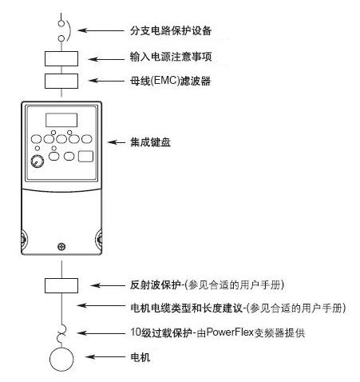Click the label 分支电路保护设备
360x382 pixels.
tap(171, 30)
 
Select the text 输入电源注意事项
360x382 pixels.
tap(171, 57)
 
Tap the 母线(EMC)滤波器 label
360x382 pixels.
tap(170, 81)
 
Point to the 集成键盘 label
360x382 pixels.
tap(150, 142)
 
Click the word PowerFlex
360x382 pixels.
tap(230, 332)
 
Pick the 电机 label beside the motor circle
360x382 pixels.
tap(140, 357)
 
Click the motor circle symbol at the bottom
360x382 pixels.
tap(61, 359)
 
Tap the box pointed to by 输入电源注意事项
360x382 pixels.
tap(61, 58)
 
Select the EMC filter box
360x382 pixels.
tap(61, 81)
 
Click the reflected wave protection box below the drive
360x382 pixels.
tap(61, 285)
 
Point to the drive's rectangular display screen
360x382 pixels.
tap(61, 120)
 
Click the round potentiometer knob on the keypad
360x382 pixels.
tap(38, 161)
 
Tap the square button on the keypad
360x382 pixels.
tap(85, 157)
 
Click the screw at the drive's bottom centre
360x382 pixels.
tap(61, 246)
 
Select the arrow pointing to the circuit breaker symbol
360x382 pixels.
tap(101, 30)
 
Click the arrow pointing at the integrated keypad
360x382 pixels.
tap(117, 142)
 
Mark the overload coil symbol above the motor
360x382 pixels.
tap(62, 334)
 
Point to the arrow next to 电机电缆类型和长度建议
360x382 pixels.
tap(101, 305)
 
